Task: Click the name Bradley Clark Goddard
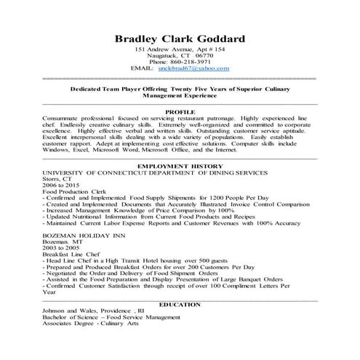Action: [180, 38]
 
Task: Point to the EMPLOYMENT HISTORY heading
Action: [180, 167]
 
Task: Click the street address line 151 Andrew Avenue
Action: [180, 48]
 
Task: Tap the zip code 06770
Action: [204, 55]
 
